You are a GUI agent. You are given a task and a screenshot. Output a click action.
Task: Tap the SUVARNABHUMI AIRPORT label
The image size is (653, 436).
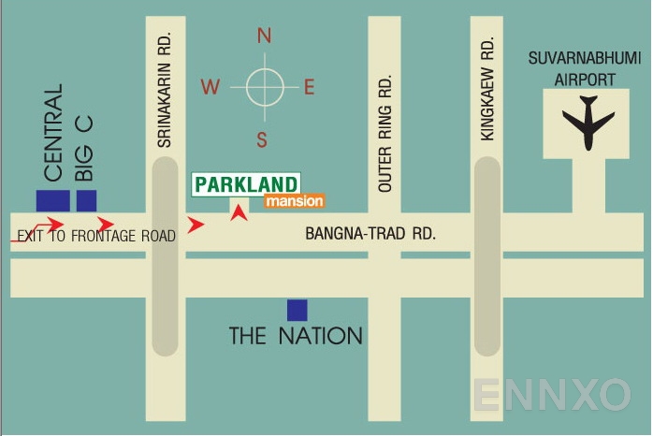pos(585,69)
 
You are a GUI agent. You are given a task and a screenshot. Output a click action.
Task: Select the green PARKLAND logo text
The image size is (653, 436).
pos(246,184)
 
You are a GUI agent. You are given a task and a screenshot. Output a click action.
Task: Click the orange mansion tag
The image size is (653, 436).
pos(294,201)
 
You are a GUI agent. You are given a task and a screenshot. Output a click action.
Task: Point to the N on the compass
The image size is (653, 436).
pos(264,36)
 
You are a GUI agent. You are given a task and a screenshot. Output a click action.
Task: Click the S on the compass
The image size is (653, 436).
pos(263,140)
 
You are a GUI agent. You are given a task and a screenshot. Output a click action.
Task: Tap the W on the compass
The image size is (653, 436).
pos(210,88)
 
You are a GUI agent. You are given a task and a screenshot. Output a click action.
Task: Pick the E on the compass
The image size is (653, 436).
pos(310,88)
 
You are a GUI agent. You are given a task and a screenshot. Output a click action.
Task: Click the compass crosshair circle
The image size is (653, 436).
pos(264,88)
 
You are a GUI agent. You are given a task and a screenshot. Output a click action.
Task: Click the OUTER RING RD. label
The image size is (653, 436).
pos(385,135)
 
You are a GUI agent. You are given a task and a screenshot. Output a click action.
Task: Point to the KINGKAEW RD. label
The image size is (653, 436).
pos(486,90)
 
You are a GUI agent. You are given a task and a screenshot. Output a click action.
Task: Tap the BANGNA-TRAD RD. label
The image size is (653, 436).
pos(370,234)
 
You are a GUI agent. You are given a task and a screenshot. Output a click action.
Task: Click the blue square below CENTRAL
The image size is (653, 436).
pos(52,200)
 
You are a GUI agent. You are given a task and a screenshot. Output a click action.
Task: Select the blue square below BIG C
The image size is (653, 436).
pos(87,200)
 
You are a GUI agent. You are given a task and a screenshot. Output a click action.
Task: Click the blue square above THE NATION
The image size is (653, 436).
pos(297,310)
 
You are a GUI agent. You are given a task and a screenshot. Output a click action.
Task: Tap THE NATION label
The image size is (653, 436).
pos(296,335)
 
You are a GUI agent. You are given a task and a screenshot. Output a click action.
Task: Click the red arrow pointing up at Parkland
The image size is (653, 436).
pos(240,213)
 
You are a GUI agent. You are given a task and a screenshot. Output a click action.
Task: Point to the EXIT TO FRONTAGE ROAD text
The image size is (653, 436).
pos(96,237)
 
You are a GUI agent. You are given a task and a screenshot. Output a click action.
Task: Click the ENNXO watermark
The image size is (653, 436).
pos(551,395)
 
